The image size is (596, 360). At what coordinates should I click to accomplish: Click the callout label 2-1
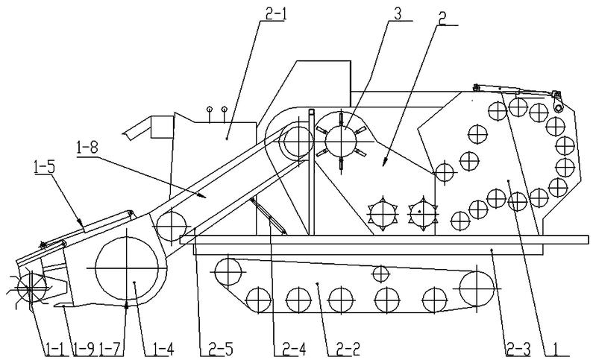click(275, 15)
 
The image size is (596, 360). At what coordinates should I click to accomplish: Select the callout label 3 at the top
click(397, 14)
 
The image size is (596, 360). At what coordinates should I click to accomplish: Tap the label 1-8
click(87, 148)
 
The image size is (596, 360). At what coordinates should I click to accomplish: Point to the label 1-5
click(44, 168)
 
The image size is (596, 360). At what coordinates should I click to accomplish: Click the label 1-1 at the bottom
click(55, 348)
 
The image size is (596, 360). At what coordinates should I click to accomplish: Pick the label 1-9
click(84, 348)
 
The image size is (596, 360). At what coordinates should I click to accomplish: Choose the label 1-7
click(110, 348)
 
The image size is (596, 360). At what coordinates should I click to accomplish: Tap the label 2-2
click(348, 348)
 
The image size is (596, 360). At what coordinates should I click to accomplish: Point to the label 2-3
click(518, 348)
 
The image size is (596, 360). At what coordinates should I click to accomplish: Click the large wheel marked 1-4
click(127, 268)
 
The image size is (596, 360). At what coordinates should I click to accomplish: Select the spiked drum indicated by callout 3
click(342, 142)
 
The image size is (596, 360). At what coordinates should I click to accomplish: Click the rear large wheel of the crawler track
click(477, 288)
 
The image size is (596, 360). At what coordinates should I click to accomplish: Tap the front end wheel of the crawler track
click(228, 272)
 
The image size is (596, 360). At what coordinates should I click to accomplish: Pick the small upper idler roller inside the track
click(380, 274)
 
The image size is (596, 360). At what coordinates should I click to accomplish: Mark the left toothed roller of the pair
click(382, 214)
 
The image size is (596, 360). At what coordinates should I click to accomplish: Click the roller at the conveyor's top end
click(298, 142)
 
